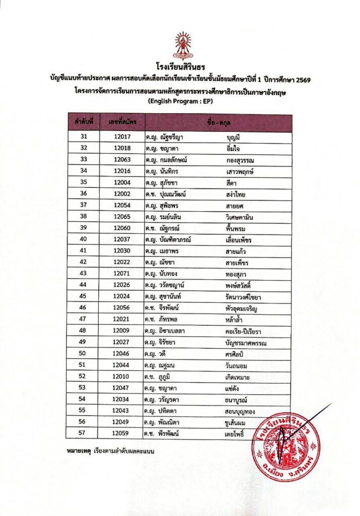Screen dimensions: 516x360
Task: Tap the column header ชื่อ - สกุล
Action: tap(218, 122)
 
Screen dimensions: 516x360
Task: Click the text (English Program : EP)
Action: tap(180, 101)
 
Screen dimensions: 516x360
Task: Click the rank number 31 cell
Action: tap(84, 137)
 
